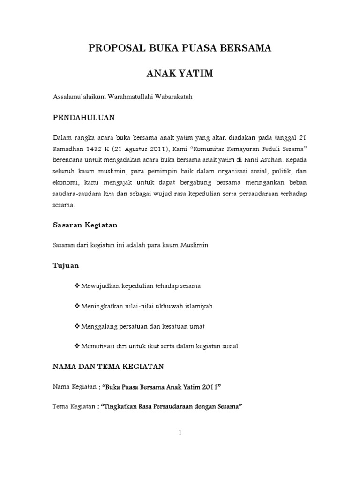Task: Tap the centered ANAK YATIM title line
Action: coord(180,74)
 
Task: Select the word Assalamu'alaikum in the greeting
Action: coord(79,97)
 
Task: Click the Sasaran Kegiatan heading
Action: coord(84,225)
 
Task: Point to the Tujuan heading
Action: coord(65,266)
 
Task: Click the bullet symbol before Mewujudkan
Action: coord(77,285)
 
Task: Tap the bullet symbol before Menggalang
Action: coord(77,326)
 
